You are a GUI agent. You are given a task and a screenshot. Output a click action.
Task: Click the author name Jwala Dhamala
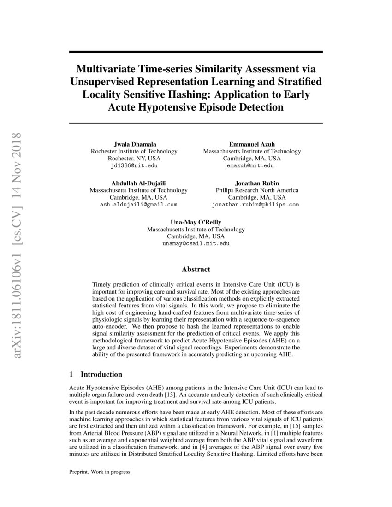(x=133, y=144)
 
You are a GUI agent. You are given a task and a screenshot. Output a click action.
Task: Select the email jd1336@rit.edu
(x=133, y=165)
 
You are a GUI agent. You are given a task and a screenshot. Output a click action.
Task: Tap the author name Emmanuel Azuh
(x=252, y=144)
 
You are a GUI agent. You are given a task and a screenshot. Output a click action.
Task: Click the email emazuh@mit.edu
(x=252, y=165)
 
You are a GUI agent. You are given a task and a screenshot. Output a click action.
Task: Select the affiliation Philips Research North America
(x=257, y=190)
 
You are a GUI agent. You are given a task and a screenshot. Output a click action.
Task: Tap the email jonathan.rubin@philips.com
(x=255, y=204)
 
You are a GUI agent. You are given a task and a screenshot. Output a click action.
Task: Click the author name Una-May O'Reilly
(x=196, y=222)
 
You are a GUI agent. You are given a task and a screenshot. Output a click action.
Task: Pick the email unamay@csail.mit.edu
(x=196, y=243)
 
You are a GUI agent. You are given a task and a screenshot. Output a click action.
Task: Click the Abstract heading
(x=196, y=269)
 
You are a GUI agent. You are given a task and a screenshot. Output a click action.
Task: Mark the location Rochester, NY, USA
(x=133, y=159)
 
